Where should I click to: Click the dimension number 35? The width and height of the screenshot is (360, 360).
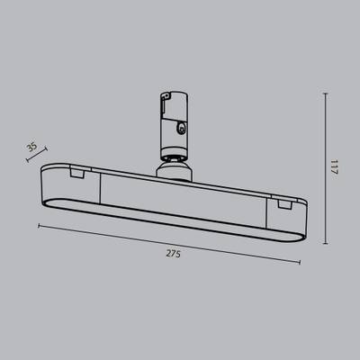(x=32, y=147)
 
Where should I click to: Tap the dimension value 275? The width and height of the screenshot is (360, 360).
(x=174, y=255)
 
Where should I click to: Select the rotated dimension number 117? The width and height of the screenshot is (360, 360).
(x=334, y=168)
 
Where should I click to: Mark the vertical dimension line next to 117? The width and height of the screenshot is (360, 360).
(x=323, y=168)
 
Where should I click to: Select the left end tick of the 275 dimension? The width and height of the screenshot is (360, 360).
(x=39, y=225)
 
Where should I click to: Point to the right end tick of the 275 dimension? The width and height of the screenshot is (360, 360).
(x=301, y=262)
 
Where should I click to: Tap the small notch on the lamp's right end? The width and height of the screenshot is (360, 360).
(x=285, y=203)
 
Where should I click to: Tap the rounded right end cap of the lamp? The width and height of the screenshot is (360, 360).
(x=301, y=225)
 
